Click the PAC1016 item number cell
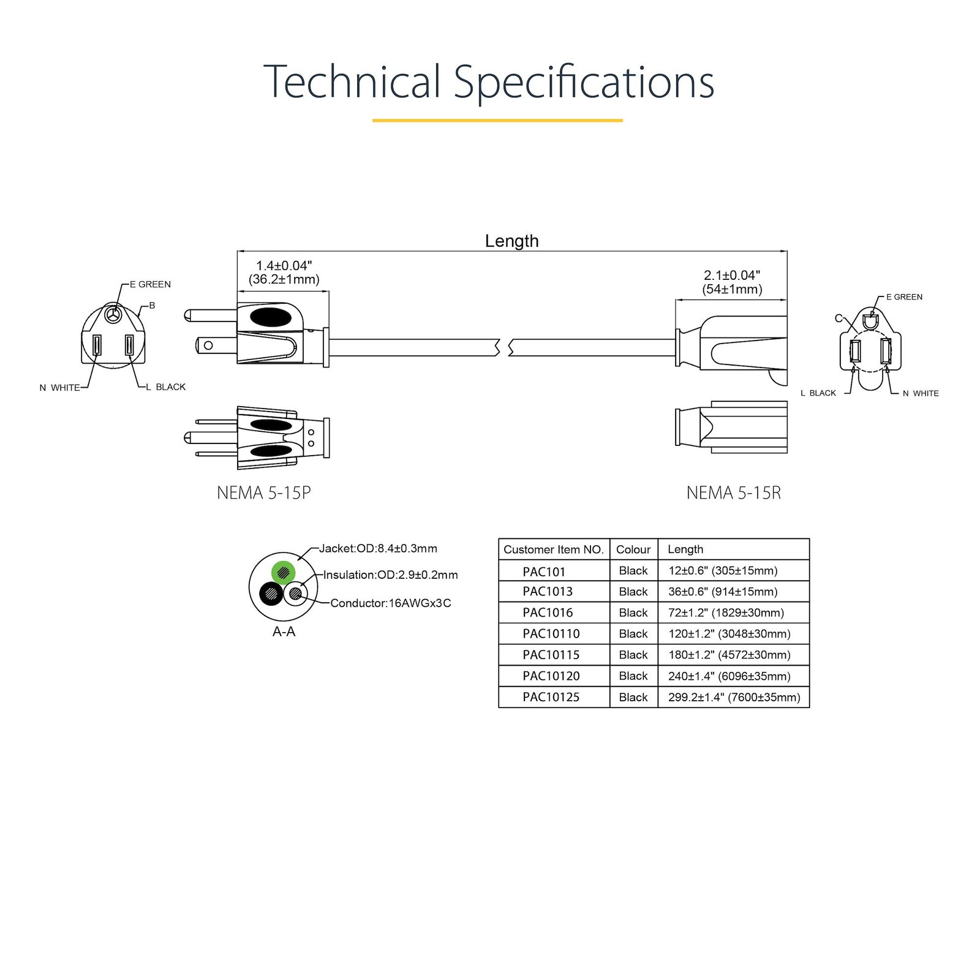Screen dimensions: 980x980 pos(548,612)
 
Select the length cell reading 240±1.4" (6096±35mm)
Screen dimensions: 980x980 pos(729,676)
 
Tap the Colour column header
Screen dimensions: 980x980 pos(633,549)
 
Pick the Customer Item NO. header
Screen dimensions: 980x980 pos(554,549)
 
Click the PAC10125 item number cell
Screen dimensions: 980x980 pos(551,697)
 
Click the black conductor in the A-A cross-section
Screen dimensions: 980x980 pos(271,594)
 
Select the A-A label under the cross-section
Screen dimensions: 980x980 pos(284,631)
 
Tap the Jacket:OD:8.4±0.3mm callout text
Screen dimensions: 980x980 pos(378,548)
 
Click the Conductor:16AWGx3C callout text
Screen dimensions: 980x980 pos(390,603)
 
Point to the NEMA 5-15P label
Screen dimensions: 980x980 pos(264,493)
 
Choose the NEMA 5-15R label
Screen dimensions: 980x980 pos(733,493)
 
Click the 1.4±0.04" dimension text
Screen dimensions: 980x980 pos(284,266)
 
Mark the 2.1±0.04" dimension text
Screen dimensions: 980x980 pos(732,276)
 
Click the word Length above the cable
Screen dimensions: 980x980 pos(511,241)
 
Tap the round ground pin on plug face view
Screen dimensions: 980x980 pos(112,315)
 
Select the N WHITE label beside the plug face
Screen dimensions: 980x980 pos(59,388)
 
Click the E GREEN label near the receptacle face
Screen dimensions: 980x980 pos(904,297)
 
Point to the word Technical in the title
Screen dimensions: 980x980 pos(352,81)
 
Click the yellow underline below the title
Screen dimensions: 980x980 pos(497,121)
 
